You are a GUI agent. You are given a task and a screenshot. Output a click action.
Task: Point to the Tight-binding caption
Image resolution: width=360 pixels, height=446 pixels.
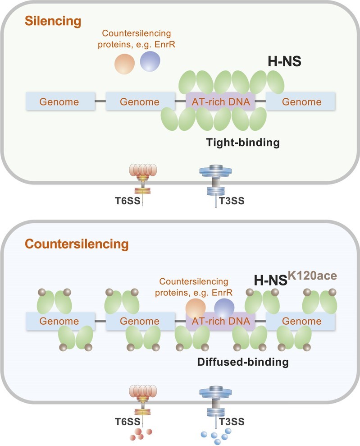pos(243,143)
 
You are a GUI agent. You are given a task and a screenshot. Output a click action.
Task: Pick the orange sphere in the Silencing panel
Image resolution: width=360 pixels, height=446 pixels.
pos(124,64)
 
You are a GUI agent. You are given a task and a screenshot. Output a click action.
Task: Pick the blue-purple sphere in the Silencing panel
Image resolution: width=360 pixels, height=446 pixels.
pos(150,61)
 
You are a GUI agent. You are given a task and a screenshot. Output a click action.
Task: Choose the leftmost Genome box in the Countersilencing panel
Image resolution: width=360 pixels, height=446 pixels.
pos(59,321)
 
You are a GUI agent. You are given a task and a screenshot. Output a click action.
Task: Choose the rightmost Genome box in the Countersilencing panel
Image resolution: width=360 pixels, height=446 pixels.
pos(301,321)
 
